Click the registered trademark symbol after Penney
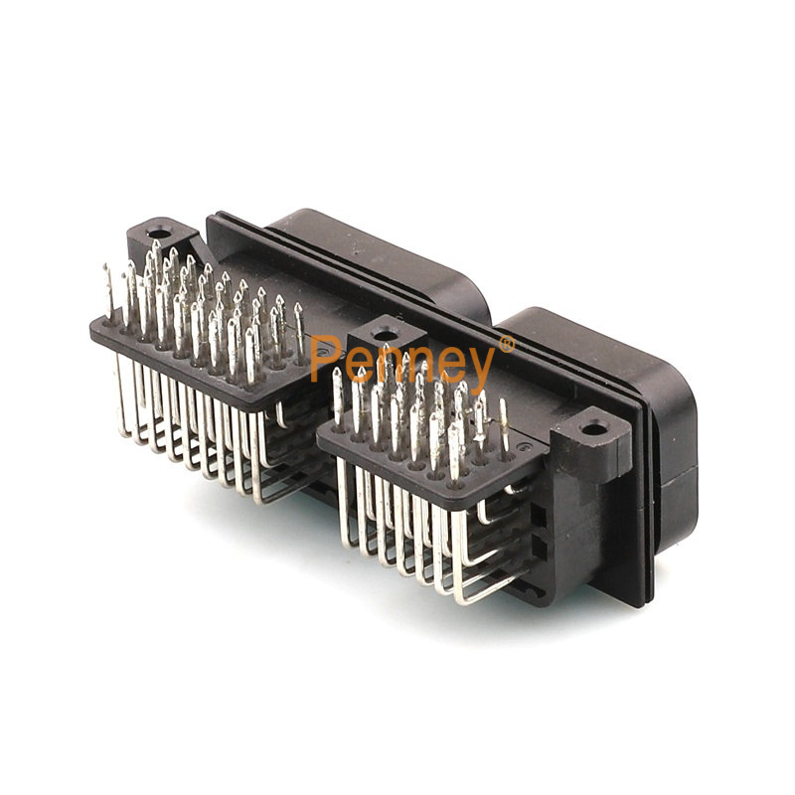tap(507, 345)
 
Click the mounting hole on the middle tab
tap(387, 334)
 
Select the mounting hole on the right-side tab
tap(591, 430)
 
